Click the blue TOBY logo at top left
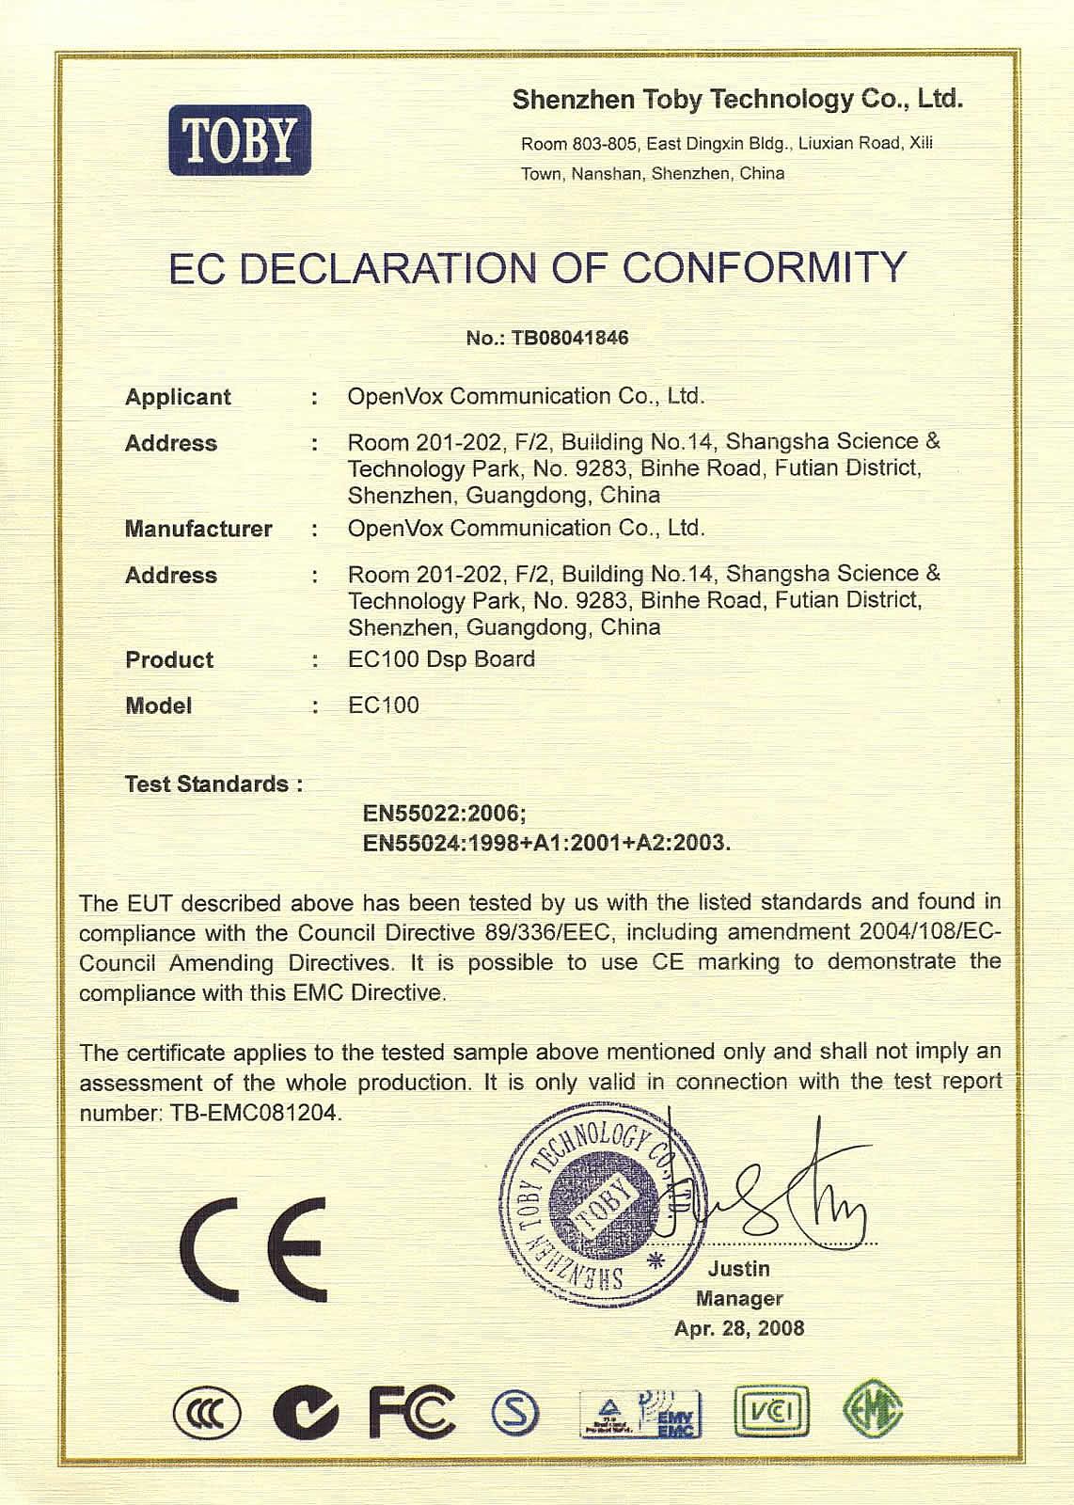click(240, 141)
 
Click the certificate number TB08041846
click(570, 338)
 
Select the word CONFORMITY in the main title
click(765, 268)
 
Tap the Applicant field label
click(178, 397)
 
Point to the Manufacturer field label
click(198, 529)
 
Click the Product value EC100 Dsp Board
click(441, 659)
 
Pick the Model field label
click(158, 705)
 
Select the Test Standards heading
click(213, 784)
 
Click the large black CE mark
click(252, 1248)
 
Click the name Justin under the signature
click(739, 1269)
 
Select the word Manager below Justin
click(739, 1299)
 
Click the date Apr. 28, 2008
click(739, 1328)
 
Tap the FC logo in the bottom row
click(411, 1413)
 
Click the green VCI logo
click(770, 1413)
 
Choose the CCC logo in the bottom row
click(207, 1415)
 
